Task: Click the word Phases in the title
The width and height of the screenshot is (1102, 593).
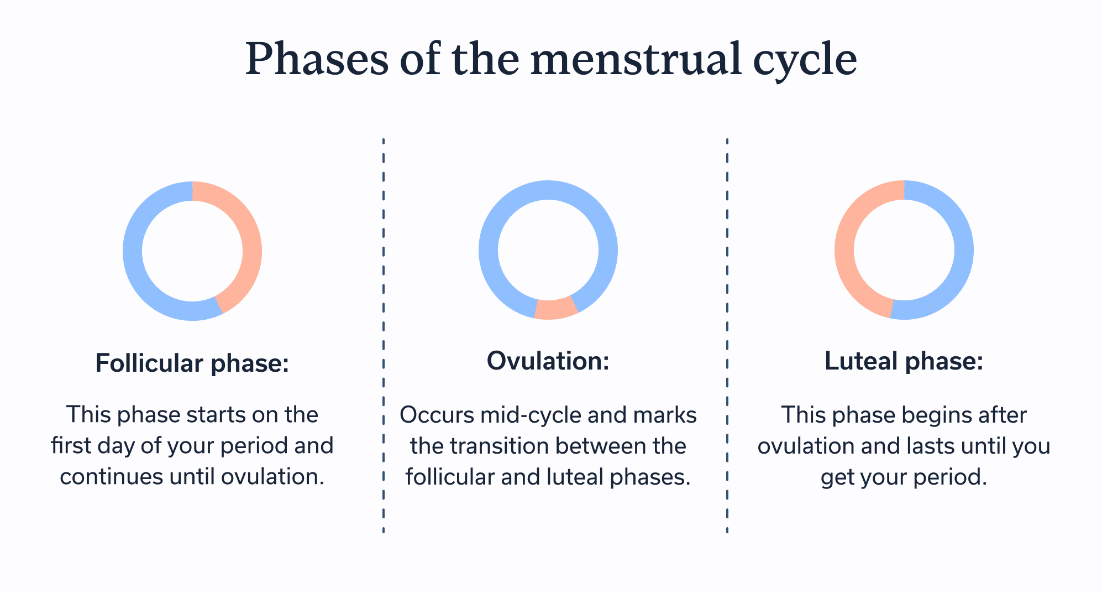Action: (317, 59)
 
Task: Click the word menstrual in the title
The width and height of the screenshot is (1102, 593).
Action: (636, 59)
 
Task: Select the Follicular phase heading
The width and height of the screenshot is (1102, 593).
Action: (192, 363)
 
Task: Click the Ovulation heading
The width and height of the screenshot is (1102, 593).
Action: (548, 361)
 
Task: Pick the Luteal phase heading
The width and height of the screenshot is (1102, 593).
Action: (904, 361)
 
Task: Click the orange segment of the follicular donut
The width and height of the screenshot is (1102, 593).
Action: (249, 238)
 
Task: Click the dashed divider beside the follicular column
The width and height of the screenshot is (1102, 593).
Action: (383, 332)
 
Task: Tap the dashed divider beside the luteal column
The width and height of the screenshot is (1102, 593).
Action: (727, 332)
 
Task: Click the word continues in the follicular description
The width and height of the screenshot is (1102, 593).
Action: (111, 477)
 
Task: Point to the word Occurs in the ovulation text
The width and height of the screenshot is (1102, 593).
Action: (437, 415)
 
